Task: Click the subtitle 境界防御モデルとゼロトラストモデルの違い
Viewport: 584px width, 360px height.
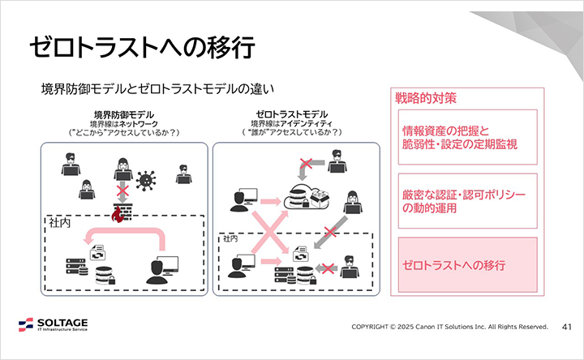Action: (160, 88)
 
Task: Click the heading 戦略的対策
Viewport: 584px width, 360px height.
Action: (426, 98)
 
